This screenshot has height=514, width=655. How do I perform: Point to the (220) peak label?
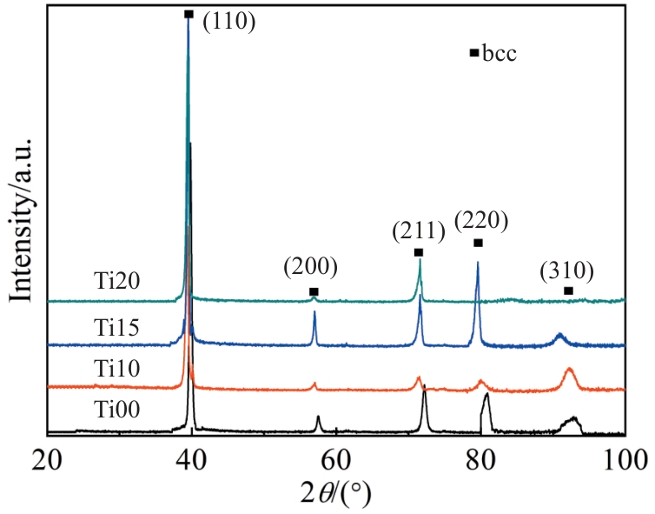479,219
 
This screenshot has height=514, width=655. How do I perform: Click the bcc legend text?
500,54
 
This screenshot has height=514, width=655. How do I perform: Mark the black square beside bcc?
473,53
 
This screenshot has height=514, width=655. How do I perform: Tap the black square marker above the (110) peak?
189,14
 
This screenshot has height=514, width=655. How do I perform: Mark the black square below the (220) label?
478,243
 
